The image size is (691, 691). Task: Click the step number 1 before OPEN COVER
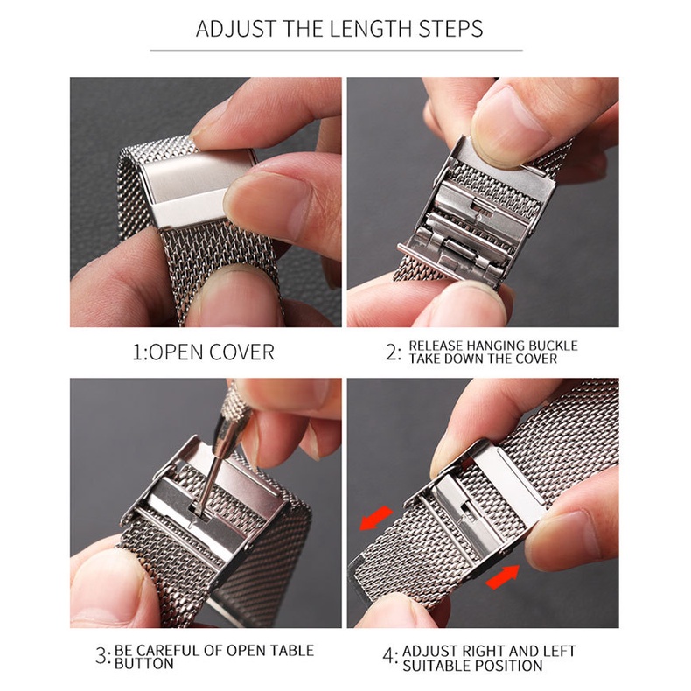137,352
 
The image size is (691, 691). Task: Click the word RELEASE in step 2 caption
437,345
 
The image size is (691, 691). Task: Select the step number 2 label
392,352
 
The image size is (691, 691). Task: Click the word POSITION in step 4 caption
510,666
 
